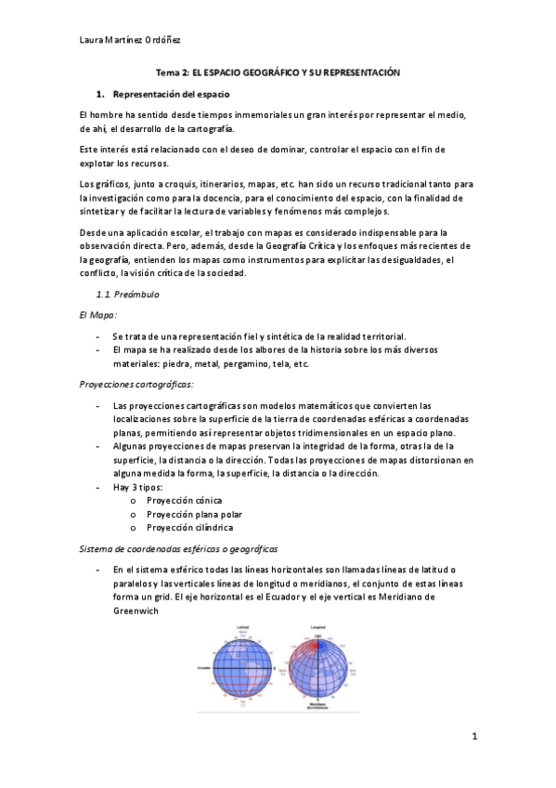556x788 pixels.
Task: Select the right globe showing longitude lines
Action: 318,669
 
